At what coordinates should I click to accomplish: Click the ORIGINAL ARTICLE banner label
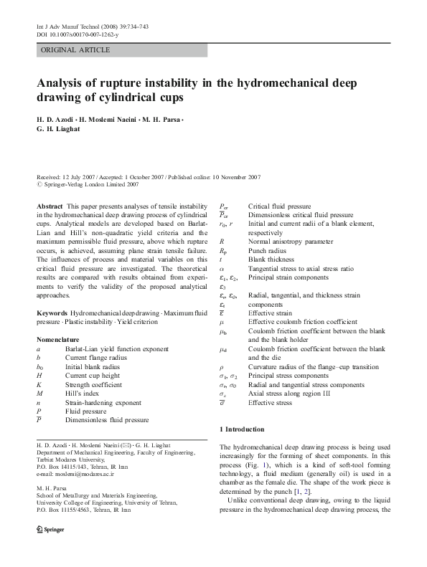pos(76,50)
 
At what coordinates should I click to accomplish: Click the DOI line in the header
pos(78,34)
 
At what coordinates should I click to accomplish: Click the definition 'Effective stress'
pos(270,403)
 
